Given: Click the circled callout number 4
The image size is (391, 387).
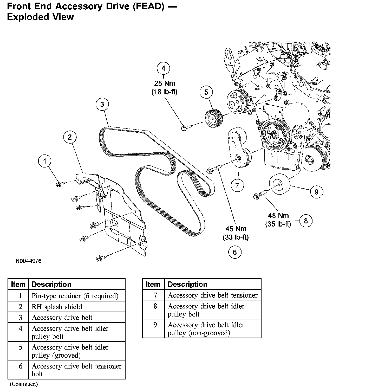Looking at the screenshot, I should tap(163, 68).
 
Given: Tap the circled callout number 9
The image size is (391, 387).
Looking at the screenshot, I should tap(316, 192).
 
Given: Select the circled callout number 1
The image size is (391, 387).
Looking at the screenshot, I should tap(45, 161).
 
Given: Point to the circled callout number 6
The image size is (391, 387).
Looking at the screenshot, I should tap(235, 252).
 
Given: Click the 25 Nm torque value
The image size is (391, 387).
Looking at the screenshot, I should tap(165, 83).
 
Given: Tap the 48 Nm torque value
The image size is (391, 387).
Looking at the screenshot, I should tap(278, 216).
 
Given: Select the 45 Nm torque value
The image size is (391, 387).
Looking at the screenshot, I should tap(236, 229).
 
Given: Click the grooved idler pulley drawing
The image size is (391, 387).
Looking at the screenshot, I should tap(213, 119).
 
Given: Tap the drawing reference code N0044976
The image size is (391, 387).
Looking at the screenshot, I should tap(29, 261).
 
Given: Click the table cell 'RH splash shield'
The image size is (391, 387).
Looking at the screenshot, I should tap(57, 307).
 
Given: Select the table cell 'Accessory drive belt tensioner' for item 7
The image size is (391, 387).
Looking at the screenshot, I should tap(212, 295).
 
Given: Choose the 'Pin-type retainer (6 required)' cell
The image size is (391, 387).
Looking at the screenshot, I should tap(75, 296).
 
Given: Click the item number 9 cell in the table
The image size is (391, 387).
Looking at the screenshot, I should tap(155, 325).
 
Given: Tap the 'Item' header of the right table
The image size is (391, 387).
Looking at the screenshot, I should tap(153, 284).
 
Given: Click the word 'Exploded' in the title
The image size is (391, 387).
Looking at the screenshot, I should tap(25, 17).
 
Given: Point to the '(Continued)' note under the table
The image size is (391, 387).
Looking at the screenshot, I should tap(24, 384).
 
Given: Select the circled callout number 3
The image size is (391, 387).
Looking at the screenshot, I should tap(102, 104).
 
